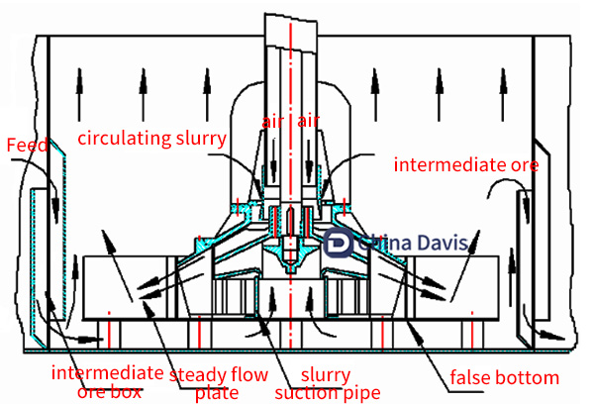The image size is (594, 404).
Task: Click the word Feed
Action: point(28,147)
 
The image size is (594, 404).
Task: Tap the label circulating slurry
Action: point(152,137)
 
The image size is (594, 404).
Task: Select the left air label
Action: point(273,121)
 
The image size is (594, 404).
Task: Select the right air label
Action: point(310,121)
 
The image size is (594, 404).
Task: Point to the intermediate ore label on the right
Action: point(465,164)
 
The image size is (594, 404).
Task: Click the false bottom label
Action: point(504,377)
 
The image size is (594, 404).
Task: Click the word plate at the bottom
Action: point(217,393)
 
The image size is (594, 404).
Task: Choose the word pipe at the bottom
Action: point(362,394)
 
